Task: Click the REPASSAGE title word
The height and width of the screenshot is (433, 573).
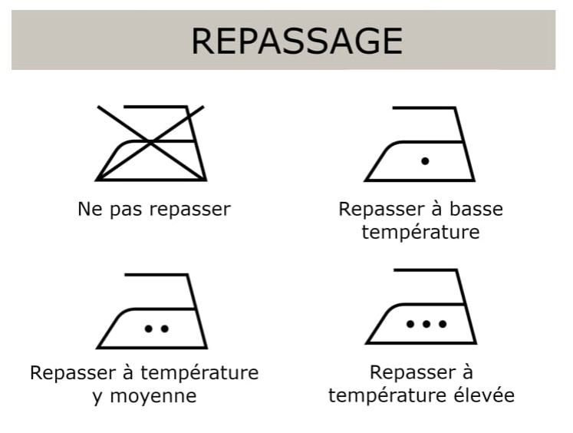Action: [296, 41]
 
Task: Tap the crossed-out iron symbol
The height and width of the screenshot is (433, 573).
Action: [151, 143]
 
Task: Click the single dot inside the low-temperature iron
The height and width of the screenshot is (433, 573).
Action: [425, 160]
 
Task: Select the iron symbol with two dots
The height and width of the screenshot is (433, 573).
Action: [152, 311]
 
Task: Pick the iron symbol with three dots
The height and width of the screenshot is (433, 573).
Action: [421, 306]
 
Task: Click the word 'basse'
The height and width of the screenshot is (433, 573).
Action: [477, 209]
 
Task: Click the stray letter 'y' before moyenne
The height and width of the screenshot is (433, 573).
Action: [97, 398]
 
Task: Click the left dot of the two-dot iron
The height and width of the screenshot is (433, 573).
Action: [148, 329]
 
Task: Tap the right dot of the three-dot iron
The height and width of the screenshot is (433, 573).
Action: [443, 324]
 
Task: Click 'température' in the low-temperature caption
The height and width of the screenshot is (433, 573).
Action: [420, 232]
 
